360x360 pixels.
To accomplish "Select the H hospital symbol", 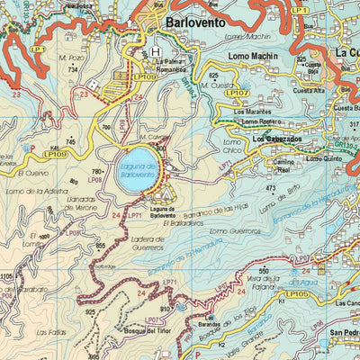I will [x=157, y=51].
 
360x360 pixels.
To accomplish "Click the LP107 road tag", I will [x=238, y=93].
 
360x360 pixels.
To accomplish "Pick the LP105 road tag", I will [x=296, y=294].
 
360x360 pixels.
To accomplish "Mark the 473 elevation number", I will [x=270, y=188].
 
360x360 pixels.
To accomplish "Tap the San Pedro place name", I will [x=345, y=331].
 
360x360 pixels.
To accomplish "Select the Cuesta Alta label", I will [x=309, y=91].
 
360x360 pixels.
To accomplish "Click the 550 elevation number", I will [x=264, y=271].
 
